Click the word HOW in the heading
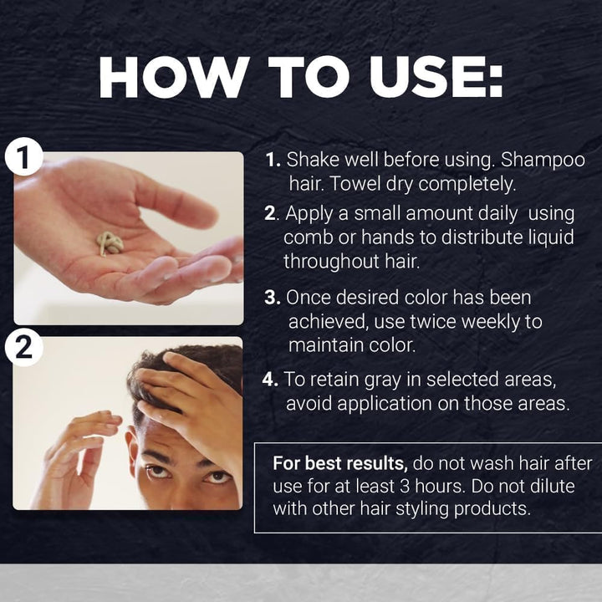click(166, 79)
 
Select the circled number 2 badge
click(23, 347)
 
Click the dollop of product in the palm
click(109, 242)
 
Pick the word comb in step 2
click(307, 237)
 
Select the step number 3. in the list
click(272, 298)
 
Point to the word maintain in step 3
click(326, 344)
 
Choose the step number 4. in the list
click(271, 380)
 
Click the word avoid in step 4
click(309, 403)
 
